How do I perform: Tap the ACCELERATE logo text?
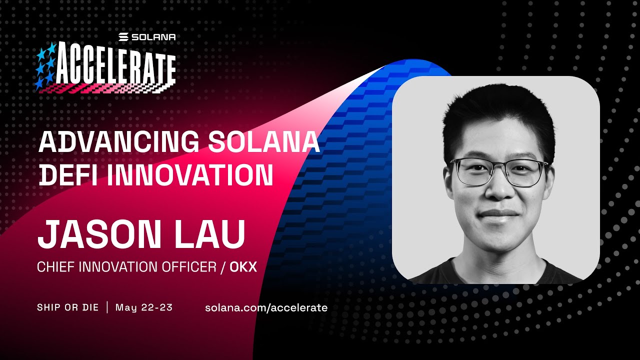[115, 64]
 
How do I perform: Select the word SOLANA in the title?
[264, 141]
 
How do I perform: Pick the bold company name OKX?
[243, 267]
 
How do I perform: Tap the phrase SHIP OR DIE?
[67, 307]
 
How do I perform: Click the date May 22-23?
[144, 307]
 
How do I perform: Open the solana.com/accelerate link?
[266, 307]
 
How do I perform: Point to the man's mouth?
[498, 213]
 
